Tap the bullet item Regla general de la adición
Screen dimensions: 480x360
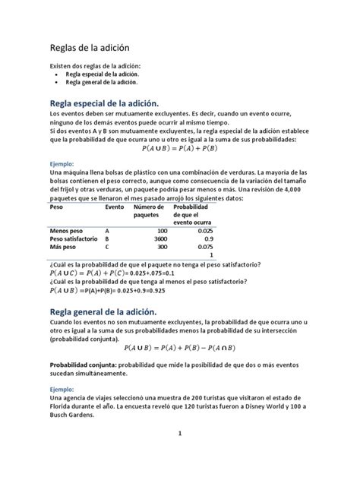point(102,83)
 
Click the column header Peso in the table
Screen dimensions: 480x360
point(56,207)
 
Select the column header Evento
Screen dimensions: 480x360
point(115,207)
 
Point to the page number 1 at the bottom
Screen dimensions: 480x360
point(179,456)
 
